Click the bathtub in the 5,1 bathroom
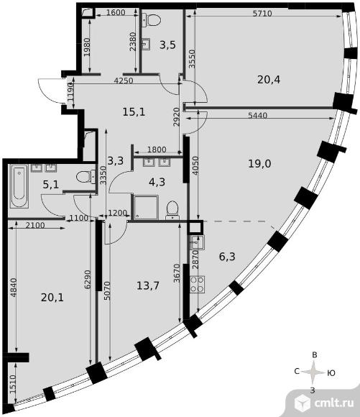(19, 186)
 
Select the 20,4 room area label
(269, 80)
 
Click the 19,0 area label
(259, 163)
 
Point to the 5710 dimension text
(262, 14)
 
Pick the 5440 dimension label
(257, 116)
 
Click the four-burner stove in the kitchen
(197, 284)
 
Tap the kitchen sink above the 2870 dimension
(196, 242)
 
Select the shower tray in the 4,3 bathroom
(145, 208)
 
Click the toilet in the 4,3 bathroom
(172, 210)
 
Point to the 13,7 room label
(148, 286)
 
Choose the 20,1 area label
(52, 298)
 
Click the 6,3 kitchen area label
(227, 257)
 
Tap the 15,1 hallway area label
(134, 112)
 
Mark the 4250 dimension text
(123, 81)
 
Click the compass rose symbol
(315, 372)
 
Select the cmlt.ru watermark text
(334, 403)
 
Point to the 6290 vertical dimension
(88, 279)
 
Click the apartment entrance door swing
(50, 91)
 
